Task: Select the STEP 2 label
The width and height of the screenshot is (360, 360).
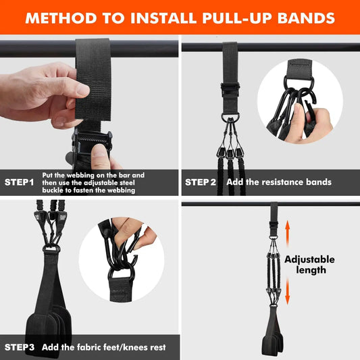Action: click(201, 182)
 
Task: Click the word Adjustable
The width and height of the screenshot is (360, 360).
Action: click(309, 259)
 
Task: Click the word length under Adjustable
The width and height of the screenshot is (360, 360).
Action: click(311, 270)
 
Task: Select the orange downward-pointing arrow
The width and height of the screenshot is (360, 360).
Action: click(288, 292)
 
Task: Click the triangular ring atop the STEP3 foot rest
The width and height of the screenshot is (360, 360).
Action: click(51, 251)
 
